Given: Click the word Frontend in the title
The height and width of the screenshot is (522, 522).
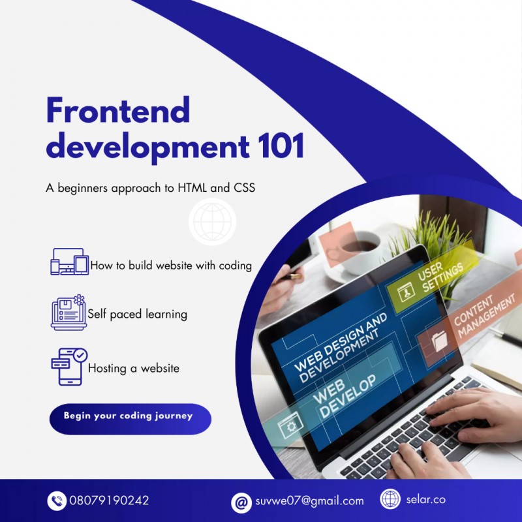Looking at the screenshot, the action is pyautogui.click(x=118, y=110).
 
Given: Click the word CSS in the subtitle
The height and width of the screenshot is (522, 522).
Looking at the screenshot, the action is pyautogui.click(x=244, y=188).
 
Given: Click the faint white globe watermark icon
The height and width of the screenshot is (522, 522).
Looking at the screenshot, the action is pyautogui.click(x=213, y=222).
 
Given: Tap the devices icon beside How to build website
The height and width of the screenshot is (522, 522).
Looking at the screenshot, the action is pyautogui.click(x=70, y=262).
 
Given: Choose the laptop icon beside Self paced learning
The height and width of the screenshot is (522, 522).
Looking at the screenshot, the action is pyautogui.click(x=69, y=313).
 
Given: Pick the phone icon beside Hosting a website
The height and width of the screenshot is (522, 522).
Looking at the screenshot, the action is pyautogui.click(x=69, y=367).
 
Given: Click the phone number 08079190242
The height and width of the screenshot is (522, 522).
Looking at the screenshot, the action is pyautogui.click(x=109, y=500).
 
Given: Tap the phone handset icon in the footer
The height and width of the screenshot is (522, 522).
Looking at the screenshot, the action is pyautogui.click(x=57, y=500).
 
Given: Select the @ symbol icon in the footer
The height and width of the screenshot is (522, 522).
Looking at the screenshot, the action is pyautogui.click(x=241, y=502).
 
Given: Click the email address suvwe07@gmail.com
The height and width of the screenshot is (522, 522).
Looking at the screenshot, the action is pyautogui.click(x=309, y=500).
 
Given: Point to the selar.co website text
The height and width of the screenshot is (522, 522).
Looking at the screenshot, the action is pyautogui.click(x=426, y=499).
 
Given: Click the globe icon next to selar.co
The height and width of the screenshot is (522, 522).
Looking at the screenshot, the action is pyautogui.click(x=390, y=499).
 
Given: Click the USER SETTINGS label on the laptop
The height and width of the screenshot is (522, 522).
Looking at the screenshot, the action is pyautogui.click(x=440, y=277).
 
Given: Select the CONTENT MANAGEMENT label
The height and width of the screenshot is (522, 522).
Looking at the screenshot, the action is pyautogui.click(x=484, y=315).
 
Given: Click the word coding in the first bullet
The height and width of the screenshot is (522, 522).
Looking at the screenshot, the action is pyautogui.click(x=235, y=266).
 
